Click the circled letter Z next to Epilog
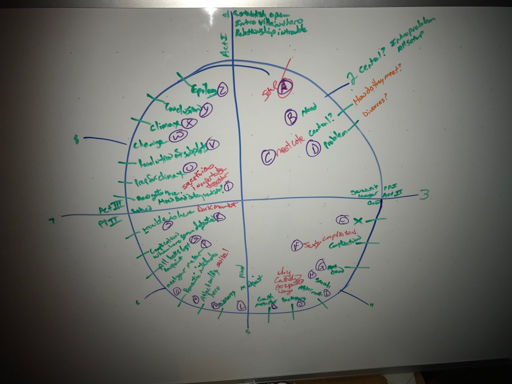coord(222,90)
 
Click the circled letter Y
coord(205,109)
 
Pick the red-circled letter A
coord(285,87)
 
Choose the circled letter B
coord(290,116)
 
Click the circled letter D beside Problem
coord(313,148)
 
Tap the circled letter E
coord(343,220)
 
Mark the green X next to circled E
coord(357,220)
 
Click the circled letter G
coord(321,264)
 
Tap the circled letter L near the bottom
coord(241,306)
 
